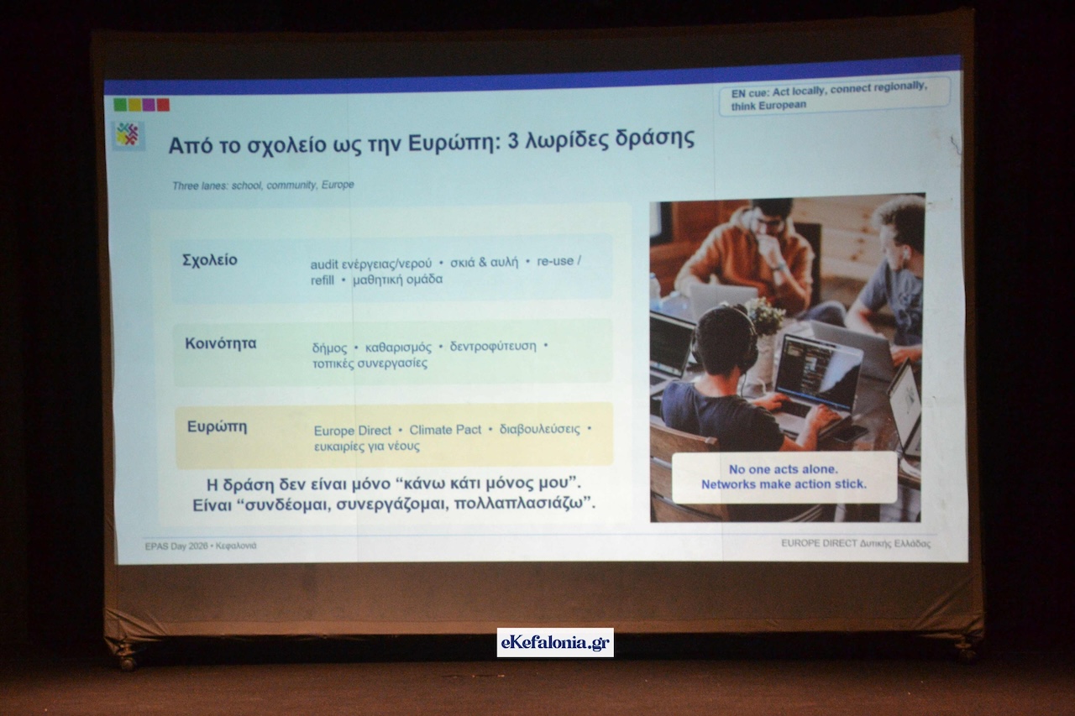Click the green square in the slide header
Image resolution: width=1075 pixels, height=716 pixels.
tap(120, 105)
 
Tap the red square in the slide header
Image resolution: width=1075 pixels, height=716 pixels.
tap(163, 105)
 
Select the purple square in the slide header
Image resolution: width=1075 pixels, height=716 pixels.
tap(149, 105)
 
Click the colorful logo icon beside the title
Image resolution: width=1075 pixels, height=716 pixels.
tap(128, 135)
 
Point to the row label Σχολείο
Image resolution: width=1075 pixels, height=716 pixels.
tap(210, 260)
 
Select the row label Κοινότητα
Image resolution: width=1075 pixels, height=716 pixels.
tap(221, 343)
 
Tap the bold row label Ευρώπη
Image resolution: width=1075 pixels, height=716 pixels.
tap(217, 426)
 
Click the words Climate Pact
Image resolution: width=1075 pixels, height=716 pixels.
tap(445, 430)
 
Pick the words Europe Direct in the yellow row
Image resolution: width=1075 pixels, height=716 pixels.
tap(352, 431)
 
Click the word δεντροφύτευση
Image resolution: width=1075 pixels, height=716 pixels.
tap(493, 347)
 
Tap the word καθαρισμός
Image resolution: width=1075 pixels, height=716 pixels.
tap(398, 348)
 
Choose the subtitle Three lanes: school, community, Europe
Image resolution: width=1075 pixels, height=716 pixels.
tap(263, 186)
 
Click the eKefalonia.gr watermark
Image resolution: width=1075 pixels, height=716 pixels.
tap(555, 642)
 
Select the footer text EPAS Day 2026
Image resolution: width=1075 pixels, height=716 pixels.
tap(176, 546)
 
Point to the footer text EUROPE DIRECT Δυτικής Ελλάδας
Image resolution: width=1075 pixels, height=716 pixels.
tap(856, 543)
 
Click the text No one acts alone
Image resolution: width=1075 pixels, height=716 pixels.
tap(784, 469)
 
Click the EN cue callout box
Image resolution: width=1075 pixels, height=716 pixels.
tap(834, 96)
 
